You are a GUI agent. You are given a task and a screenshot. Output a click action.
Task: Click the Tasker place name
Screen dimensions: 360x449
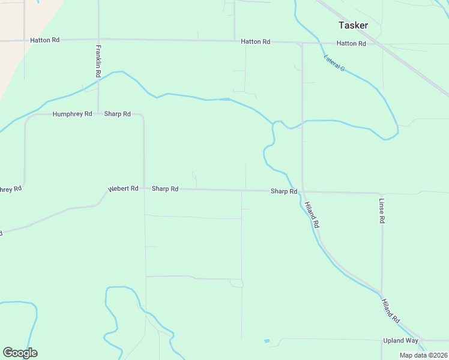click(353, 25)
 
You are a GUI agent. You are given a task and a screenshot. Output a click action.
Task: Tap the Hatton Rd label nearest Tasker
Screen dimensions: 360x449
click(351, 43)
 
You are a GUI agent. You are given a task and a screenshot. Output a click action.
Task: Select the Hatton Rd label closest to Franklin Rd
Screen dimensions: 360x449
click(45, 40)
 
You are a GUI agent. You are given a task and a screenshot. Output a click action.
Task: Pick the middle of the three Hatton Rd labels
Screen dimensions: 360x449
click(255, 42)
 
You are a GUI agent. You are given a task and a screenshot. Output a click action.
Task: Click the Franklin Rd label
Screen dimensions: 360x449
click(98, 61)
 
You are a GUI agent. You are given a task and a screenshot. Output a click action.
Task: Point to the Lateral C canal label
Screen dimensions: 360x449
click(334, 63)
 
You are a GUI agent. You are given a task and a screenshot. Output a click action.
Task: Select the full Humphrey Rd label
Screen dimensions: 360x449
click(72, 114)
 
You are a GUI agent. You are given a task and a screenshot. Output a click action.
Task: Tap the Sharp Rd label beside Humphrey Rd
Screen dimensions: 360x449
click(117, 114)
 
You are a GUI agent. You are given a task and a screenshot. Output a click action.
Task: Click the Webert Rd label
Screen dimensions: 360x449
click(123, 188)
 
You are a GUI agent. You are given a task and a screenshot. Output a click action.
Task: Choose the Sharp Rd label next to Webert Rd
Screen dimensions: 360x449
click(165, 188)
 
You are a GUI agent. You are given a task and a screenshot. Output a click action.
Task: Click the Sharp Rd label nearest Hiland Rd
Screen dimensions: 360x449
click(284, 191)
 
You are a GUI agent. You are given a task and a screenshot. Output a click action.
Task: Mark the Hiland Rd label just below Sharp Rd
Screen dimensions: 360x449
click(312, 215)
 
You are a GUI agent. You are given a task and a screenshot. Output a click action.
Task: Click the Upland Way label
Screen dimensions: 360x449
click(400, 341)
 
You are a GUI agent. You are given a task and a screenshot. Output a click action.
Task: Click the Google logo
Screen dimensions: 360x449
click(20, 353)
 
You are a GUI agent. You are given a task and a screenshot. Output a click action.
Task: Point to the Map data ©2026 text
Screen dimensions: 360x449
click(423, 355)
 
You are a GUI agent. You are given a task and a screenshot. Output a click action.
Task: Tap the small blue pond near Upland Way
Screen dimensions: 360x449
click(267, 341)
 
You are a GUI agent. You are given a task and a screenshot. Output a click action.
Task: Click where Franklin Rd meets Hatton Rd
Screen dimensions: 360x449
click(98, 40)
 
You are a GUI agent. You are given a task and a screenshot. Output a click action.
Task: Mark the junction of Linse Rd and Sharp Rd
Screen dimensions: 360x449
click(382, 193)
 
